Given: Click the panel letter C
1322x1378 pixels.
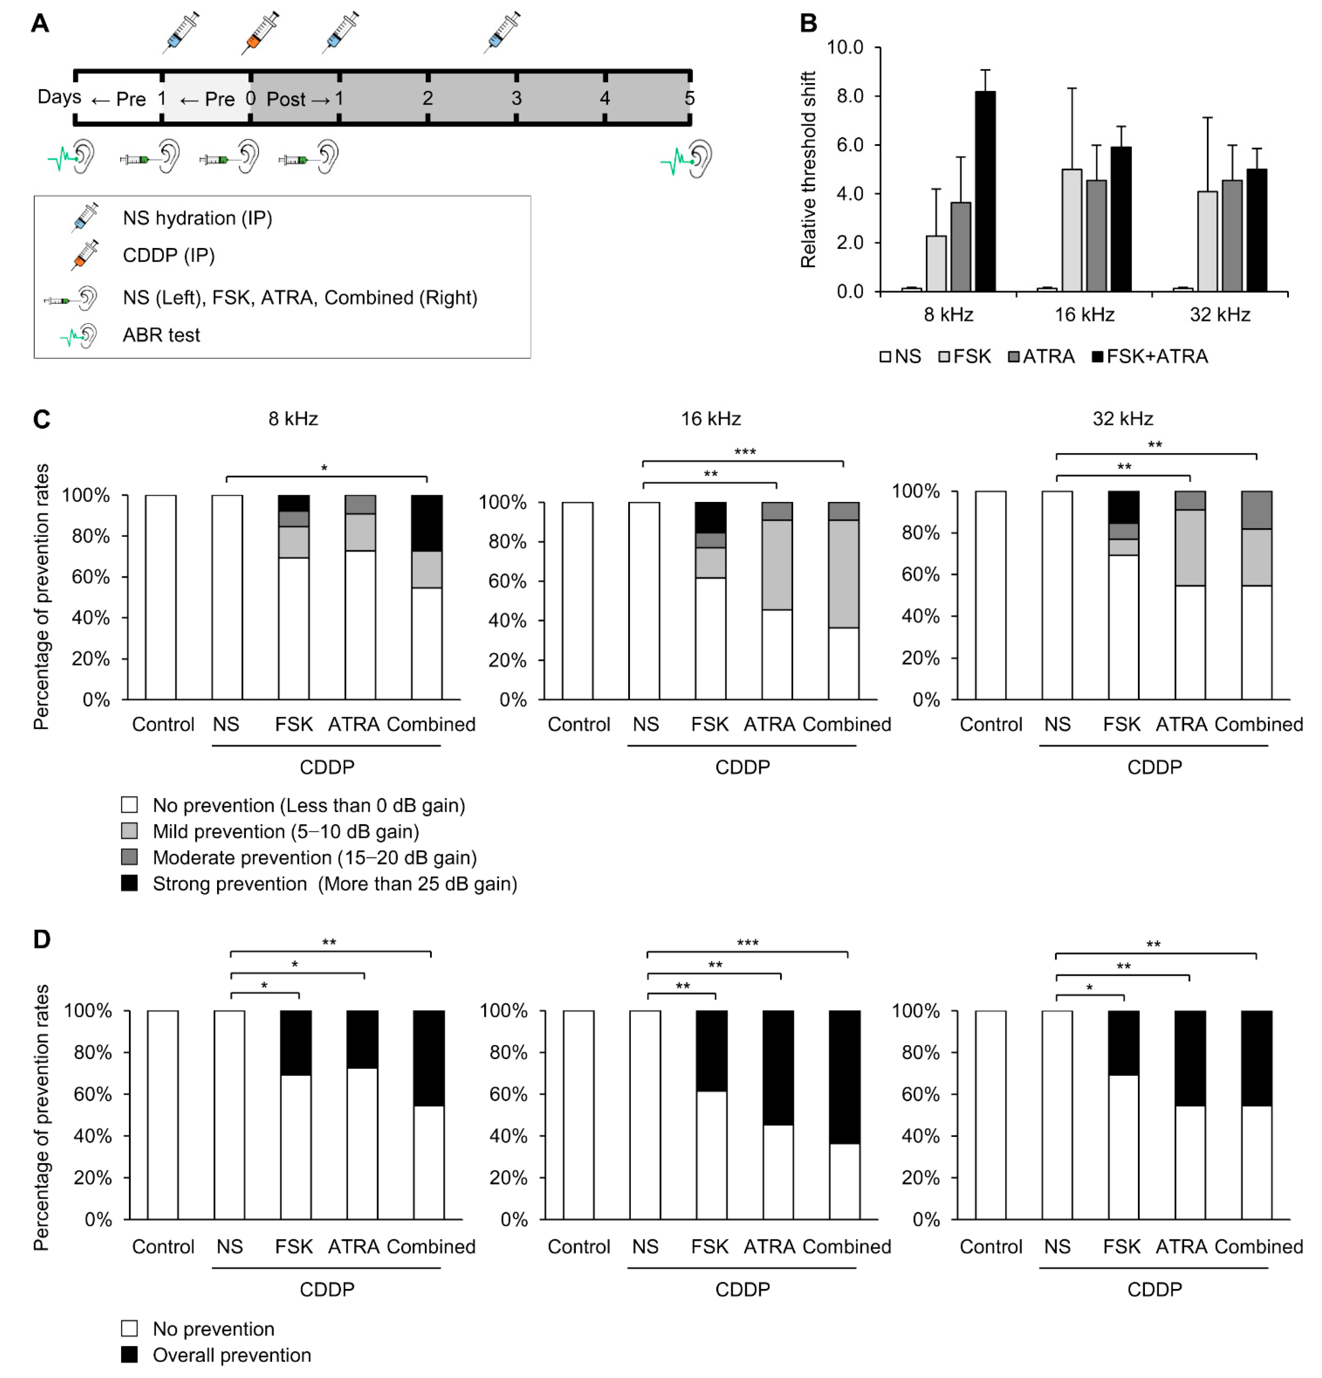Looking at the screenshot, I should click(42, 420).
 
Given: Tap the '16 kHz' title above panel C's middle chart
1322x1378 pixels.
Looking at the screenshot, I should click(710, 419).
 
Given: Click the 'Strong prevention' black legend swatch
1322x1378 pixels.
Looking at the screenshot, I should click(129, 883).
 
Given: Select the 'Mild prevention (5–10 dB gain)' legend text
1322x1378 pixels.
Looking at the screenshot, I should click(286, 832).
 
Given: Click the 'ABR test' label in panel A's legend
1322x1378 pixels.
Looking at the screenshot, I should click(161, 335).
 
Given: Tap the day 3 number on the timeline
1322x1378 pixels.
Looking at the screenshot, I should click(516, 98).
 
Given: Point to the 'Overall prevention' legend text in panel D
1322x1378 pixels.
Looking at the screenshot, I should click(231, 1355).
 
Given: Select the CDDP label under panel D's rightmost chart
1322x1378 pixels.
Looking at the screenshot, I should click(1154, 1289).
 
